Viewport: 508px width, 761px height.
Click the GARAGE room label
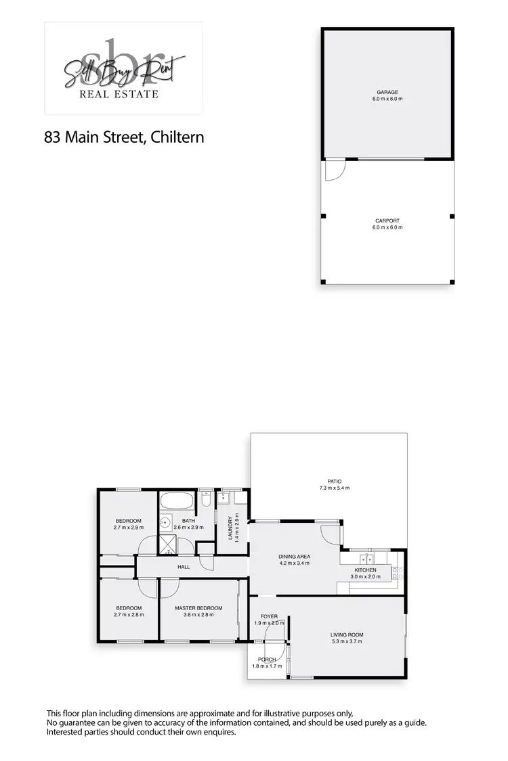tap(387, 92)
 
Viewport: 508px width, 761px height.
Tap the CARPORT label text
tap(387, 221)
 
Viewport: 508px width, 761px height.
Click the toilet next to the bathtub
tap(209, 499)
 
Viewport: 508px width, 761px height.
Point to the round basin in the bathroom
tap(165, 523)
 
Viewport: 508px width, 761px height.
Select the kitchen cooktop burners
tap(398, 576)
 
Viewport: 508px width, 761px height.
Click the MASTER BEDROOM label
tap(198, 608)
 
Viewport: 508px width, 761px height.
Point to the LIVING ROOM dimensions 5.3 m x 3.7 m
tap(347, 641)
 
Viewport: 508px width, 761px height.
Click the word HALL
tap(184, 567)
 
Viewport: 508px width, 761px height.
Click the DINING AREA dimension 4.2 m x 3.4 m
tap(294, 563)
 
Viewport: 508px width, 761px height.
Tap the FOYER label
tap(269, 616)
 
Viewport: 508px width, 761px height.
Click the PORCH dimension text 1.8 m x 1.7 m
tap(266, 666)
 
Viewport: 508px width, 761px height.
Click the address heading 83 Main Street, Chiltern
tap(124, 137)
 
